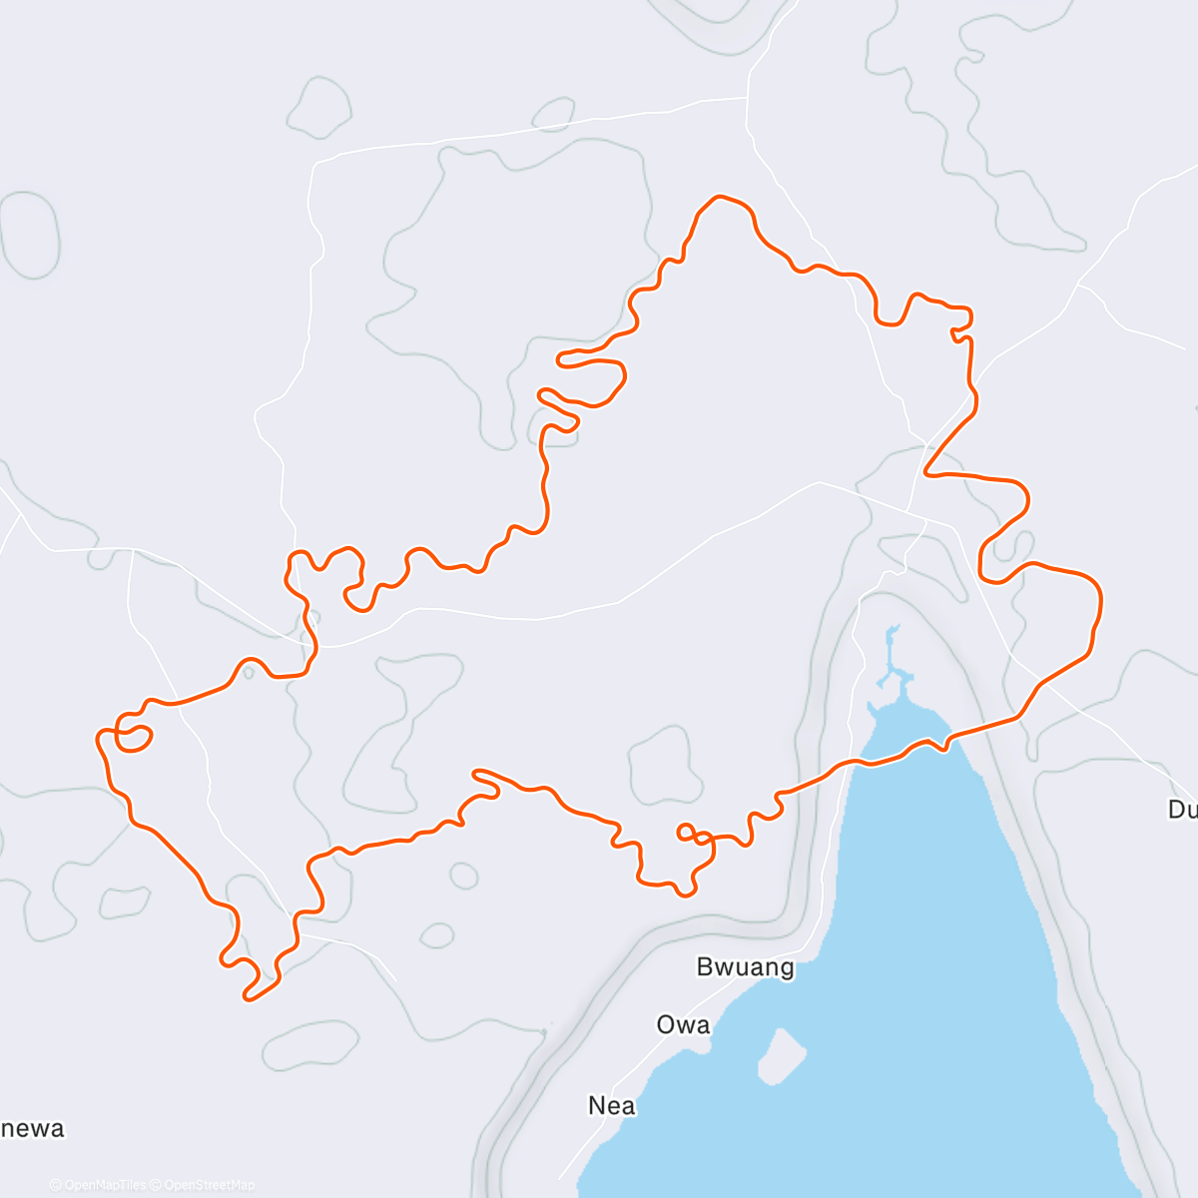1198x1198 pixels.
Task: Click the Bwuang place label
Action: click(745, 966)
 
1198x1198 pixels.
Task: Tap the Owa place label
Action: click(683, 1024)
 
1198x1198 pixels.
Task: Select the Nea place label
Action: click(611, 1105)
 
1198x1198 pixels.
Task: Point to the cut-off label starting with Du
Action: click(1182, 809)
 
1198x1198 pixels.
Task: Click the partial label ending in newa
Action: click(32, 1128)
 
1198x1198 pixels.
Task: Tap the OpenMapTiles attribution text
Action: click(104, 1185)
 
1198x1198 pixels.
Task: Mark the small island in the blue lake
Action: click(782, 1054)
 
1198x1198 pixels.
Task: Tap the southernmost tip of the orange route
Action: click(248, 997)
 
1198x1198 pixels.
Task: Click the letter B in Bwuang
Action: click(705, 966)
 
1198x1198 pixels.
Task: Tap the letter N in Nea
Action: click(597, 1105)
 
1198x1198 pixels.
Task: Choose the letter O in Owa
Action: click(666, 1024)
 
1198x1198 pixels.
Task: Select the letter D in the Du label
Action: click(1176, 809)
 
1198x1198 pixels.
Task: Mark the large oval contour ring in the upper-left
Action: click(30, 235)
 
